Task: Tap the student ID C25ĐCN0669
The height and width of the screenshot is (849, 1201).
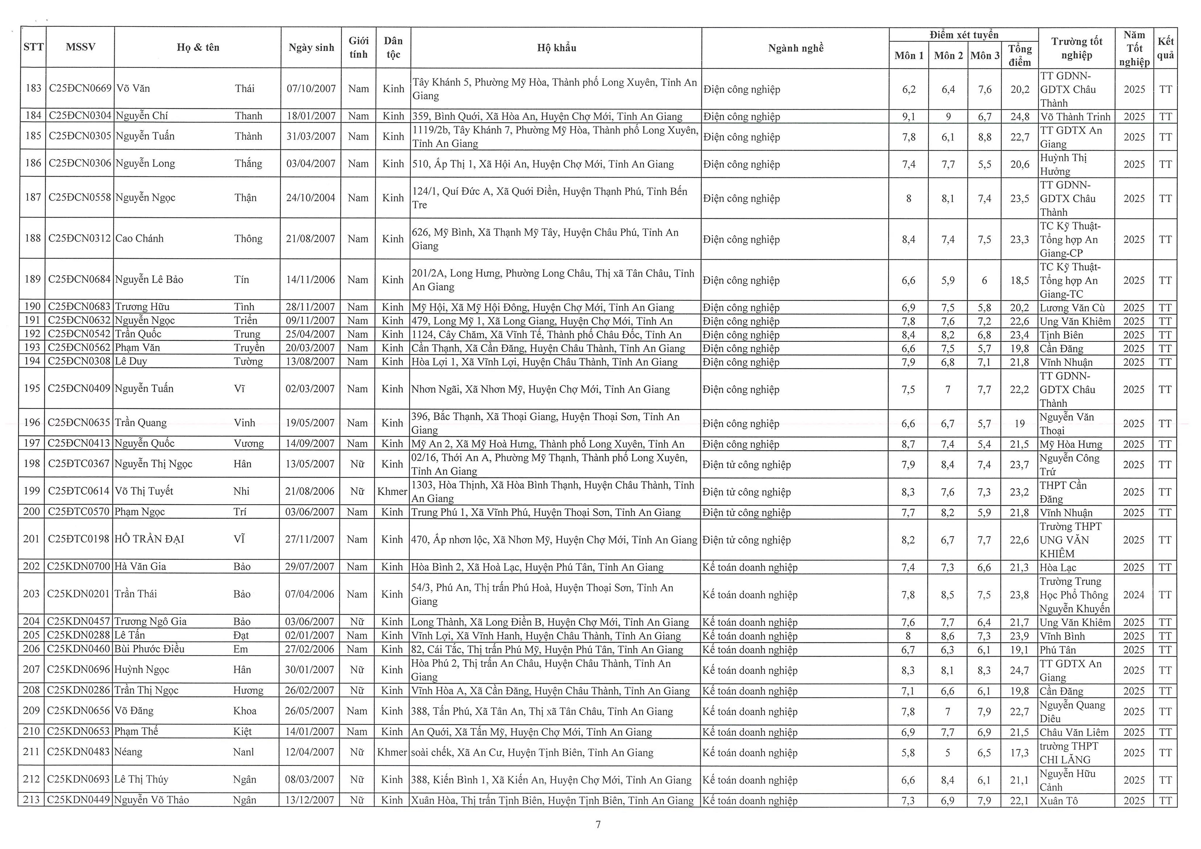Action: point(80,88)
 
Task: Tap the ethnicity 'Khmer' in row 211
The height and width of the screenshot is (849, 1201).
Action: point(392,752)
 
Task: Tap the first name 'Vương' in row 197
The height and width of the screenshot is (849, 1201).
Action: point(248,444)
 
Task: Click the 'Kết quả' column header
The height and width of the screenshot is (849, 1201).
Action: point(1166,48)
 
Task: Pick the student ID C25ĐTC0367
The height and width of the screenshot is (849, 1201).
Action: point(79,464)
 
